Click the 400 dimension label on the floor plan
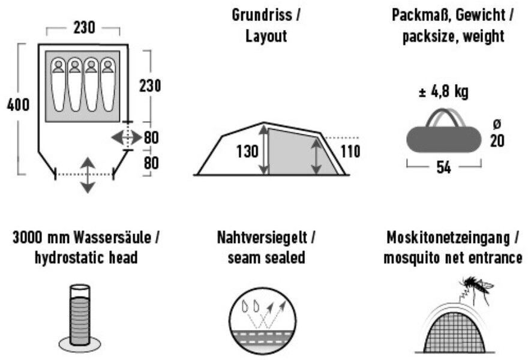(18, 106)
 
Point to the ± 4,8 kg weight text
(443, 92)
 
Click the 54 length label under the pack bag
(443, 168)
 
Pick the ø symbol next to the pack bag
(496, 124)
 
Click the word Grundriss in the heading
(262, 15)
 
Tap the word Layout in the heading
(266, 36)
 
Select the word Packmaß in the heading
(413, 15)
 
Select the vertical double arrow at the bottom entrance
(88, 175)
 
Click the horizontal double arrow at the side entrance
(127, 137)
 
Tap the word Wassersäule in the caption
(112, 238)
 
